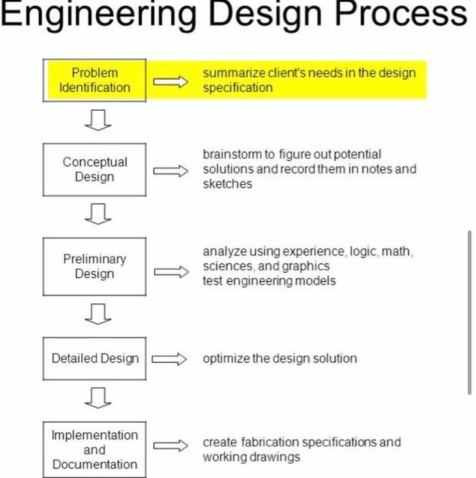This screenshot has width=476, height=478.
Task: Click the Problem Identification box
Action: [95, 80]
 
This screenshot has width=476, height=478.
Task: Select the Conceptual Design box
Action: [95, 169]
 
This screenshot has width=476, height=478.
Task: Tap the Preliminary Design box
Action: [95, 266]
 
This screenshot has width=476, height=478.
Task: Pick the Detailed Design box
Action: [95, 358]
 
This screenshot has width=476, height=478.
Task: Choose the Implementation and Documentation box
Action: [95, 449]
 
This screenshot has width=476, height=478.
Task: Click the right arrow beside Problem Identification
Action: [170, 82]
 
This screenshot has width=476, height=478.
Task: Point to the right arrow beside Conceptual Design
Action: [170, 171]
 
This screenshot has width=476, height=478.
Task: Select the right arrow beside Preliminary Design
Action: [170, 272]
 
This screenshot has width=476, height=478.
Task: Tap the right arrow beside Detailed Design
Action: [168, 359]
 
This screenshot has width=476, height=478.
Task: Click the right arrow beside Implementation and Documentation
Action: [170, 446]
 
